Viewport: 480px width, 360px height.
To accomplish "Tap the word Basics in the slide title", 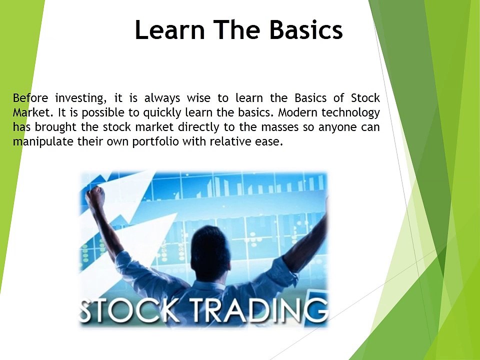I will (x=306, y=30).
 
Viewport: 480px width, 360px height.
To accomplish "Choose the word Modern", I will (x=295, y=112).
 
